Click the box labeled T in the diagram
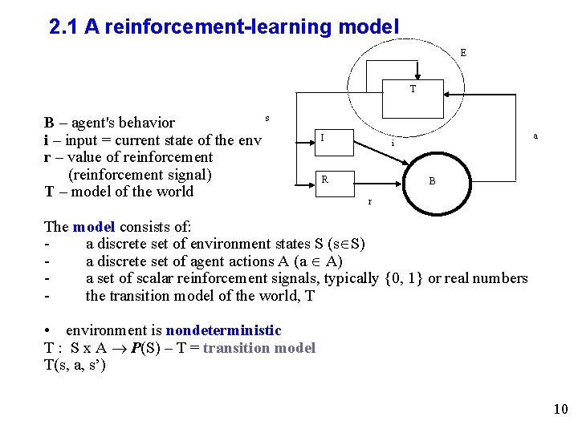click(x=413, y=89)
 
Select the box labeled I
click(x=322, y=138)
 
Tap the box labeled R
click(x=324, y=180)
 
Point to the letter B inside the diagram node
click(x=432, y=181)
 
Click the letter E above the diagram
click(x=463, y=53)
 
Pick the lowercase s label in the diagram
click(x=267, y=118)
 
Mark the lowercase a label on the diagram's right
click(x=535, y=136)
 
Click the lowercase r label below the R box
click(x=369, y=201)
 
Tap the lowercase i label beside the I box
click(x=393, y=144)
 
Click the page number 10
click(x=560, y=410)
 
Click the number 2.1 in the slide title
click(x=64, y=27)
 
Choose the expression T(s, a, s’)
click(x=75, y=366)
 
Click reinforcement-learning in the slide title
click(x=204, y=27)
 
